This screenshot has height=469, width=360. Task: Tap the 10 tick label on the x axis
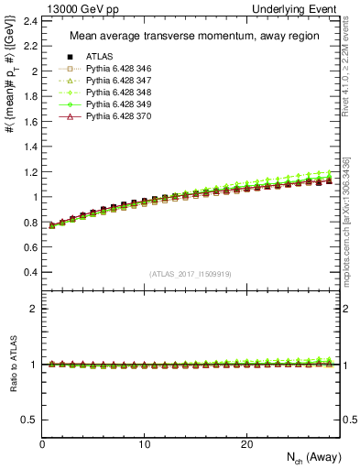tap(145, 443)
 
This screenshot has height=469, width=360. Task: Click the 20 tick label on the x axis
tap(246, 443)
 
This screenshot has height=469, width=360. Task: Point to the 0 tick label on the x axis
tap(43, 443)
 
